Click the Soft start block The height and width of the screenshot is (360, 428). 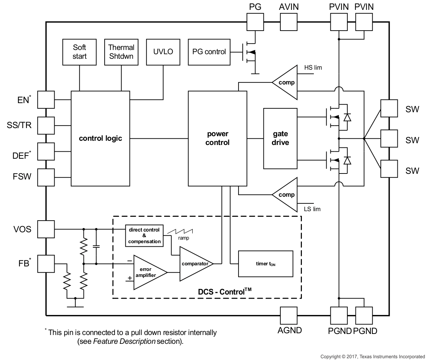(x=79, y=52)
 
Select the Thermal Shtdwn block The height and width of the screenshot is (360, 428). (x=121, y=52)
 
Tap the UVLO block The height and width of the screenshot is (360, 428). (x=163, y=52)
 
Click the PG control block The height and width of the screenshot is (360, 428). (x=209, y=52)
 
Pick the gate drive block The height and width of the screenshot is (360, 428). (x=280, y=138)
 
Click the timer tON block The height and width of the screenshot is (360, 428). (x=266, y=264)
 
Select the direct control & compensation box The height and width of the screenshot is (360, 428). (x=144, y=235)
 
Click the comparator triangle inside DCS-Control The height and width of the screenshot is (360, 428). (x=194, y=264)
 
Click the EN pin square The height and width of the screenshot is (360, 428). (x=46, y=100)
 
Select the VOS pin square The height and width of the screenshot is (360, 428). (x=46, y=229)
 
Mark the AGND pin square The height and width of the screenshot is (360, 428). (x=289, y=315)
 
